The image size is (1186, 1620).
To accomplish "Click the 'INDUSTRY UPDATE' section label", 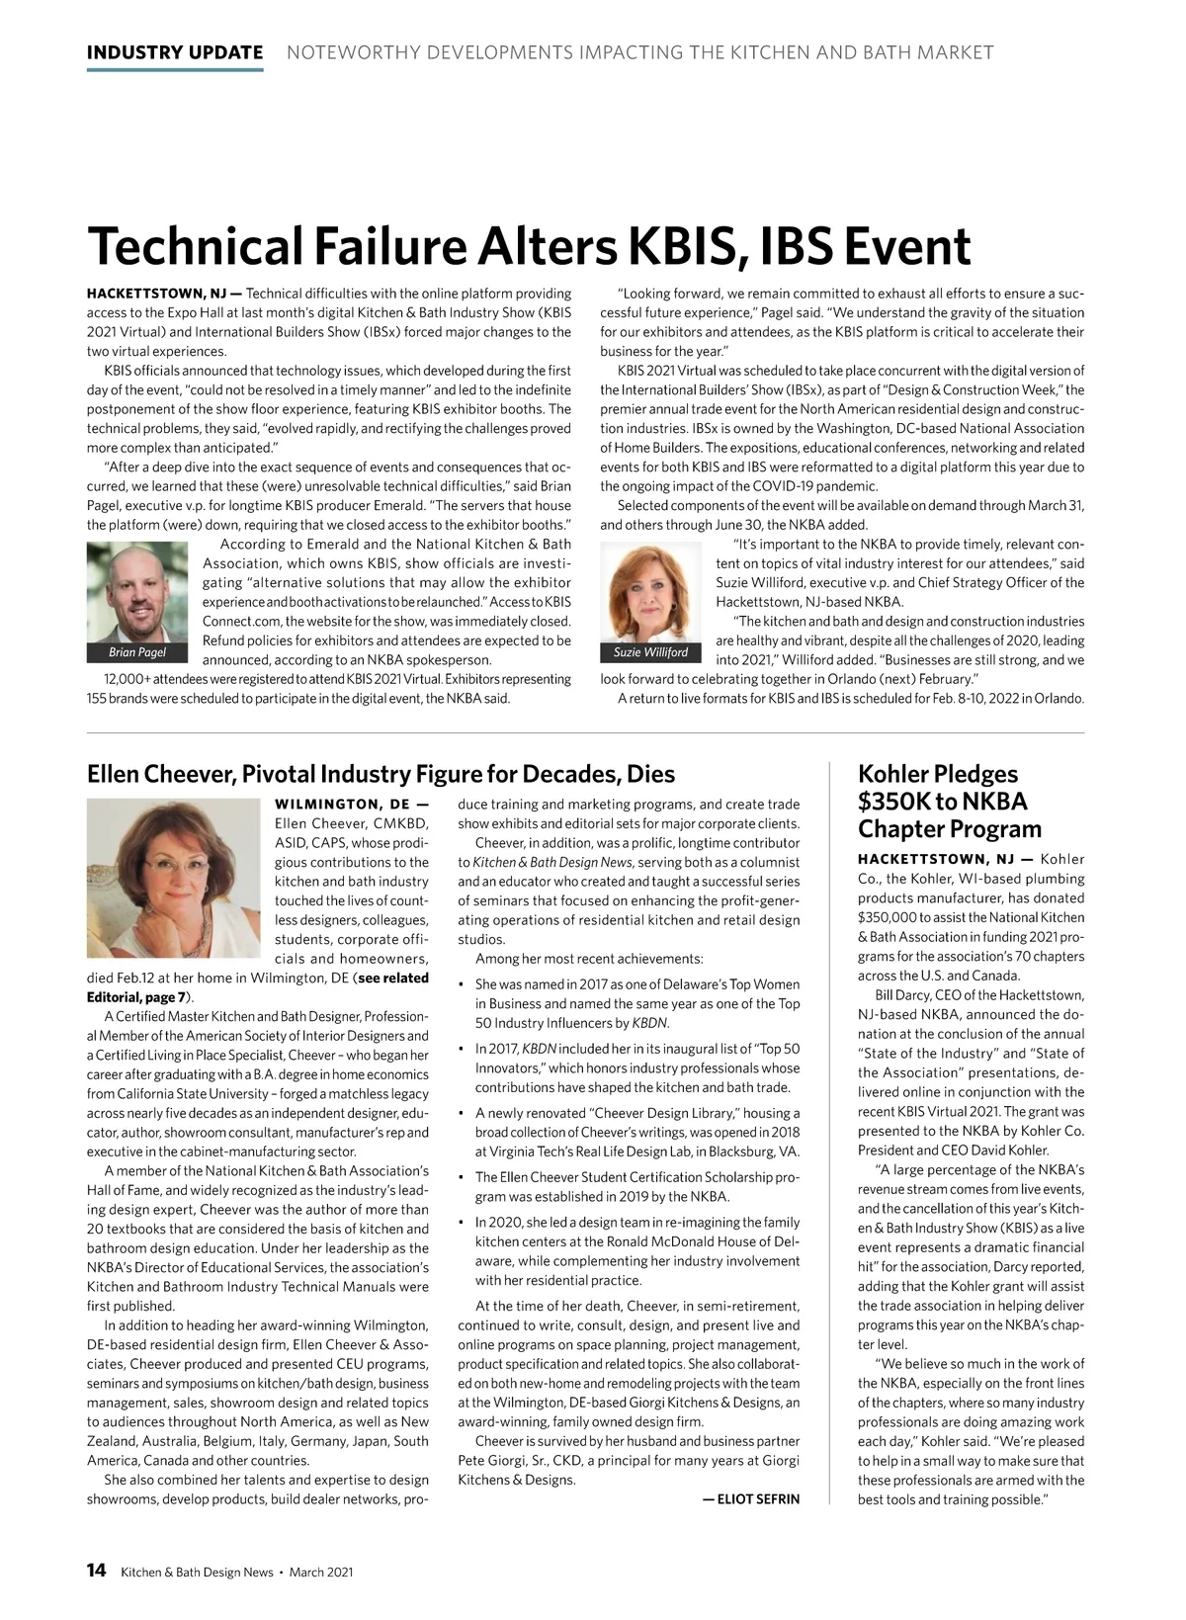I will click(175, 52).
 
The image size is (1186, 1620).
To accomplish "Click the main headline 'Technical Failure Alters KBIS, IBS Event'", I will click(529, 246).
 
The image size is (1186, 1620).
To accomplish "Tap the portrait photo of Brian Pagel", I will click(136, 592).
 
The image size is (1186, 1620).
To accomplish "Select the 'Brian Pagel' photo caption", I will click(136, 652).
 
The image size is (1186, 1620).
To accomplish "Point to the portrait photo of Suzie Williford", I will click(650, 592).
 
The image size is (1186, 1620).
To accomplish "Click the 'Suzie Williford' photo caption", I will click(650, 652).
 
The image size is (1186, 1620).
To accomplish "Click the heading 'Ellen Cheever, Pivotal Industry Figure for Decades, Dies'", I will click(381, 773).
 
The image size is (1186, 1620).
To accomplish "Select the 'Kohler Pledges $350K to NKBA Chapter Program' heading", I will click(949, 802).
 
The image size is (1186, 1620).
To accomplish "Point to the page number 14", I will click(97, 1572).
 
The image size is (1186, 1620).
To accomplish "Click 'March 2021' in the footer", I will click(321, 1573).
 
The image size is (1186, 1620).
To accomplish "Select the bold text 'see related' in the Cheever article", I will click(393, 978).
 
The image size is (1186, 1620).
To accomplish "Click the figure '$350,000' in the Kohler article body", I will click(889, 917).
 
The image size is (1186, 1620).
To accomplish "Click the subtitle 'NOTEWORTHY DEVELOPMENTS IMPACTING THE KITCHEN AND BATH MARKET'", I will click(639, 52).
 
